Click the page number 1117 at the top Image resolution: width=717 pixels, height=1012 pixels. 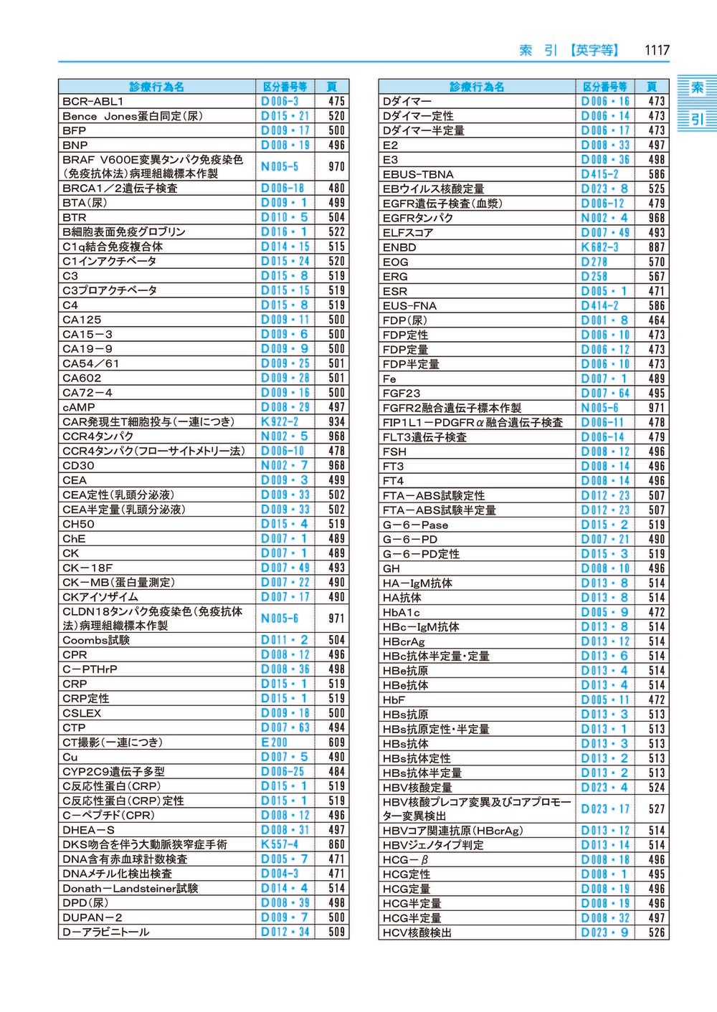tap(656, 50)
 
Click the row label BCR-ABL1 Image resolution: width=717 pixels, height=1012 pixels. tap(93, 102)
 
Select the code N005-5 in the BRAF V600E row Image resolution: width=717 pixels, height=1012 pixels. tap(280, 166)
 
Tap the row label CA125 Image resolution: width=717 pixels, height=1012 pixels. tap(82, 320)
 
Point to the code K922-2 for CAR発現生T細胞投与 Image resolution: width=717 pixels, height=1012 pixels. tap(280, 421)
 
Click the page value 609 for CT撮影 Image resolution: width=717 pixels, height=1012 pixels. tap(336, 743)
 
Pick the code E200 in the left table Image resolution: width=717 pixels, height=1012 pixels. tap(274, 743)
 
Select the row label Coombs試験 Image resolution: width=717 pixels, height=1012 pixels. tap(96, 640)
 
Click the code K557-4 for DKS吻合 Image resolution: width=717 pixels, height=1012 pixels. tap(280, 844)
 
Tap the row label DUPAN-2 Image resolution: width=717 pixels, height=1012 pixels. tap(92, 917)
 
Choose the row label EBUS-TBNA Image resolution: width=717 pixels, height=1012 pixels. tap(418, 174)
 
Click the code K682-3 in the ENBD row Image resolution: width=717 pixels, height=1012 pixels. tap(599, 247)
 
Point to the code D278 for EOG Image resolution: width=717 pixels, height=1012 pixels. tap(594, 262)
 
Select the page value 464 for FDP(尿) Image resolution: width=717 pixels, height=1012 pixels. tap(656, 320)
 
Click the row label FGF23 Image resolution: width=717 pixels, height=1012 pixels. tap(402, 393)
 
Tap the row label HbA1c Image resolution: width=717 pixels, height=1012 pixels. tap(402, 613)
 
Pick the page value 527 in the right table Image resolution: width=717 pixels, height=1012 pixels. tap(656, 809)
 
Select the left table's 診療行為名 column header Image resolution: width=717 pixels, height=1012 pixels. tap(157, 87)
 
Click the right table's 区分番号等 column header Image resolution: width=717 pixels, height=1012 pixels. tap(604, 87)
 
